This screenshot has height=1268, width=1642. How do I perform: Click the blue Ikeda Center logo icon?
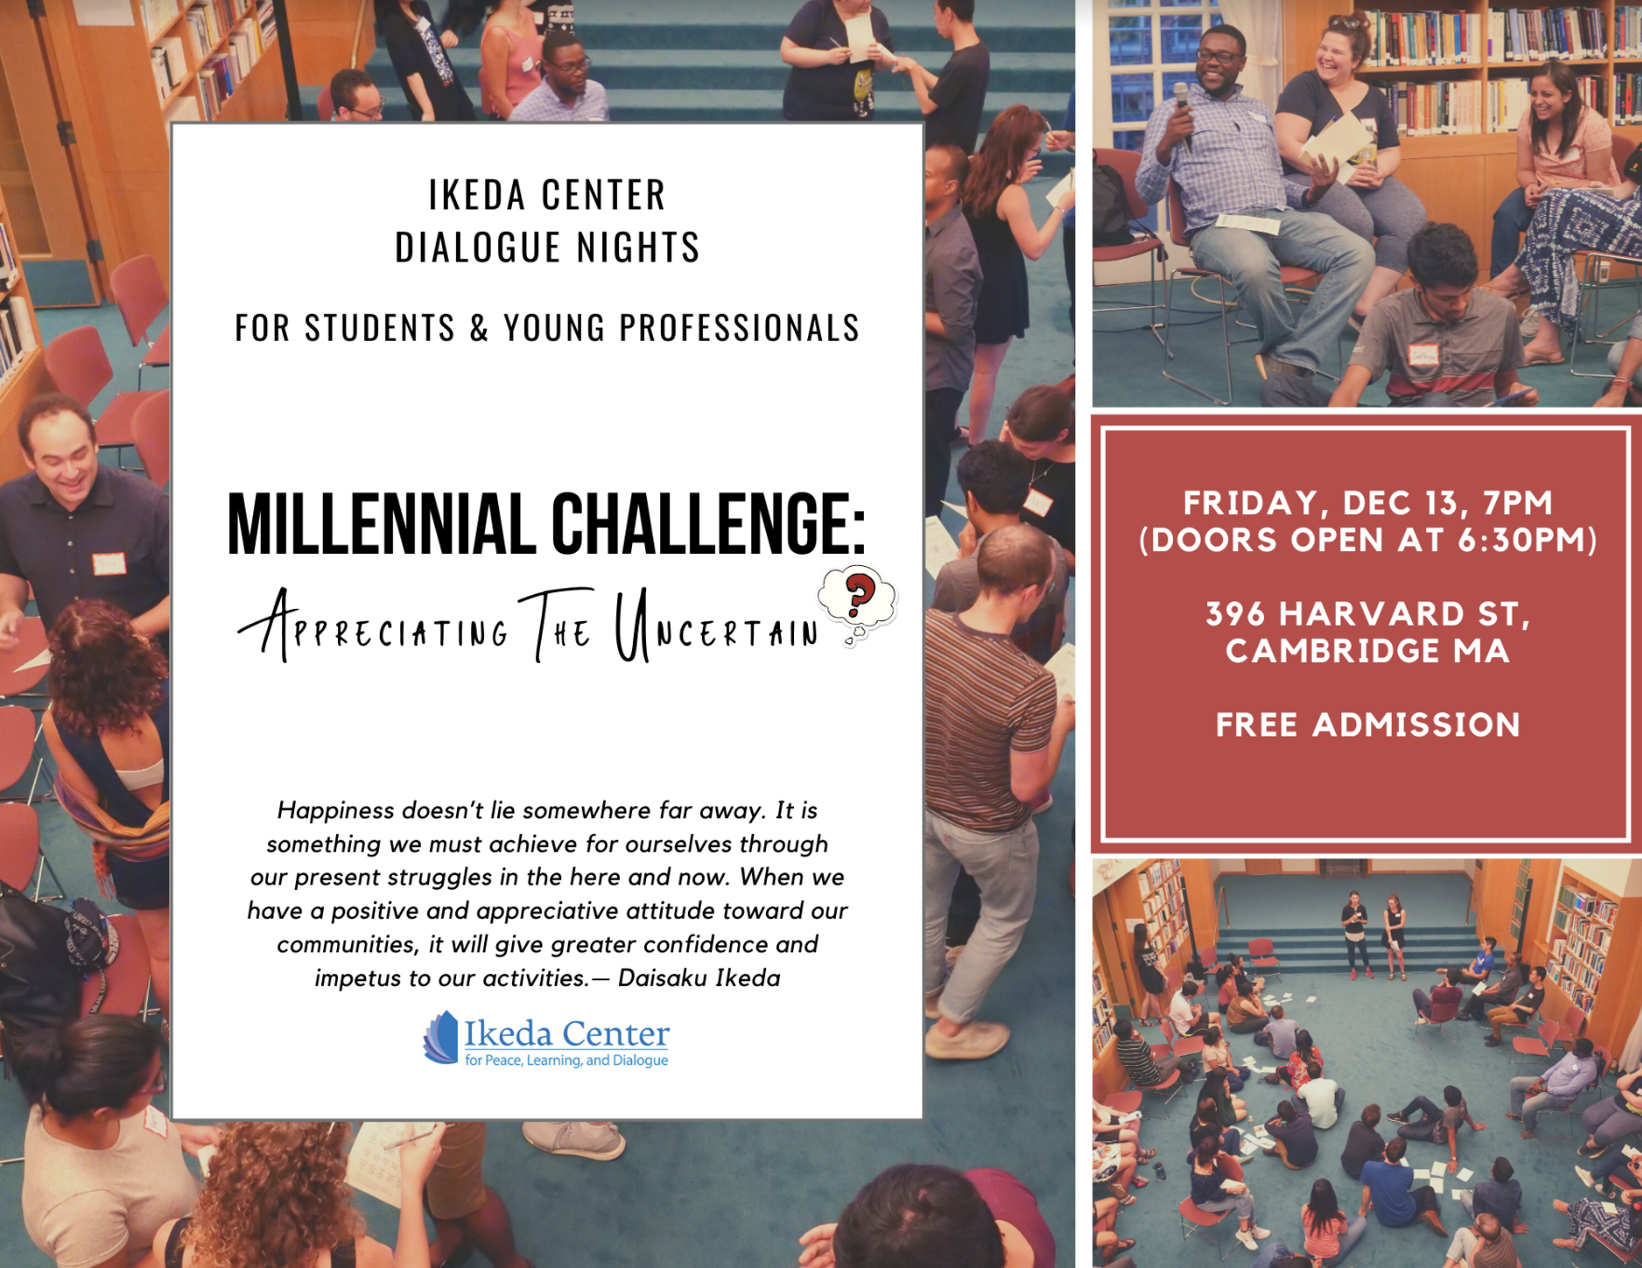point(441,1037)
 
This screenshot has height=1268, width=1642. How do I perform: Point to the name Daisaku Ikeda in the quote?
point(699,978)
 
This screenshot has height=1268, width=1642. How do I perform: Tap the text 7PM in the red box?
point(1517,503)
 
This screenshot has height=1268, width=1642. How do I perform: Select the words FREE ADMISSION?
point(1367,724)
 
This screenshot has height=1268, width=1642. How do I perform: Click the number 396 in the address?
point(1235,614)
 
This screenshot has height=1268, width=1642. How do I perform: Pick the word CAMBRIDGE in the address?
point(1332,651)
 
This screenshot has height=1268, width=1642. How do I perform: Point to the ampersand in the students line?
point(479,328)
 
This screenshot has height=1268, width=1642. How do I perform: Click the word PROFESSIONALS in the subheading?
point(739,328)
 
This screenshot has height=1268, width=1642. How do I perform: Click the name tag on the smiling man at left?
point(108,564)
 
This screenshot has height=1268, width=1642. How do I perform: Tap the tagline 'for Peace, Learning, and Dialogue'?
point(566,1060)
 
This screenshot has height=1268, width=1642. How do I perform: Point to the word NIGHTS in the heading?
point(639,248)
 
